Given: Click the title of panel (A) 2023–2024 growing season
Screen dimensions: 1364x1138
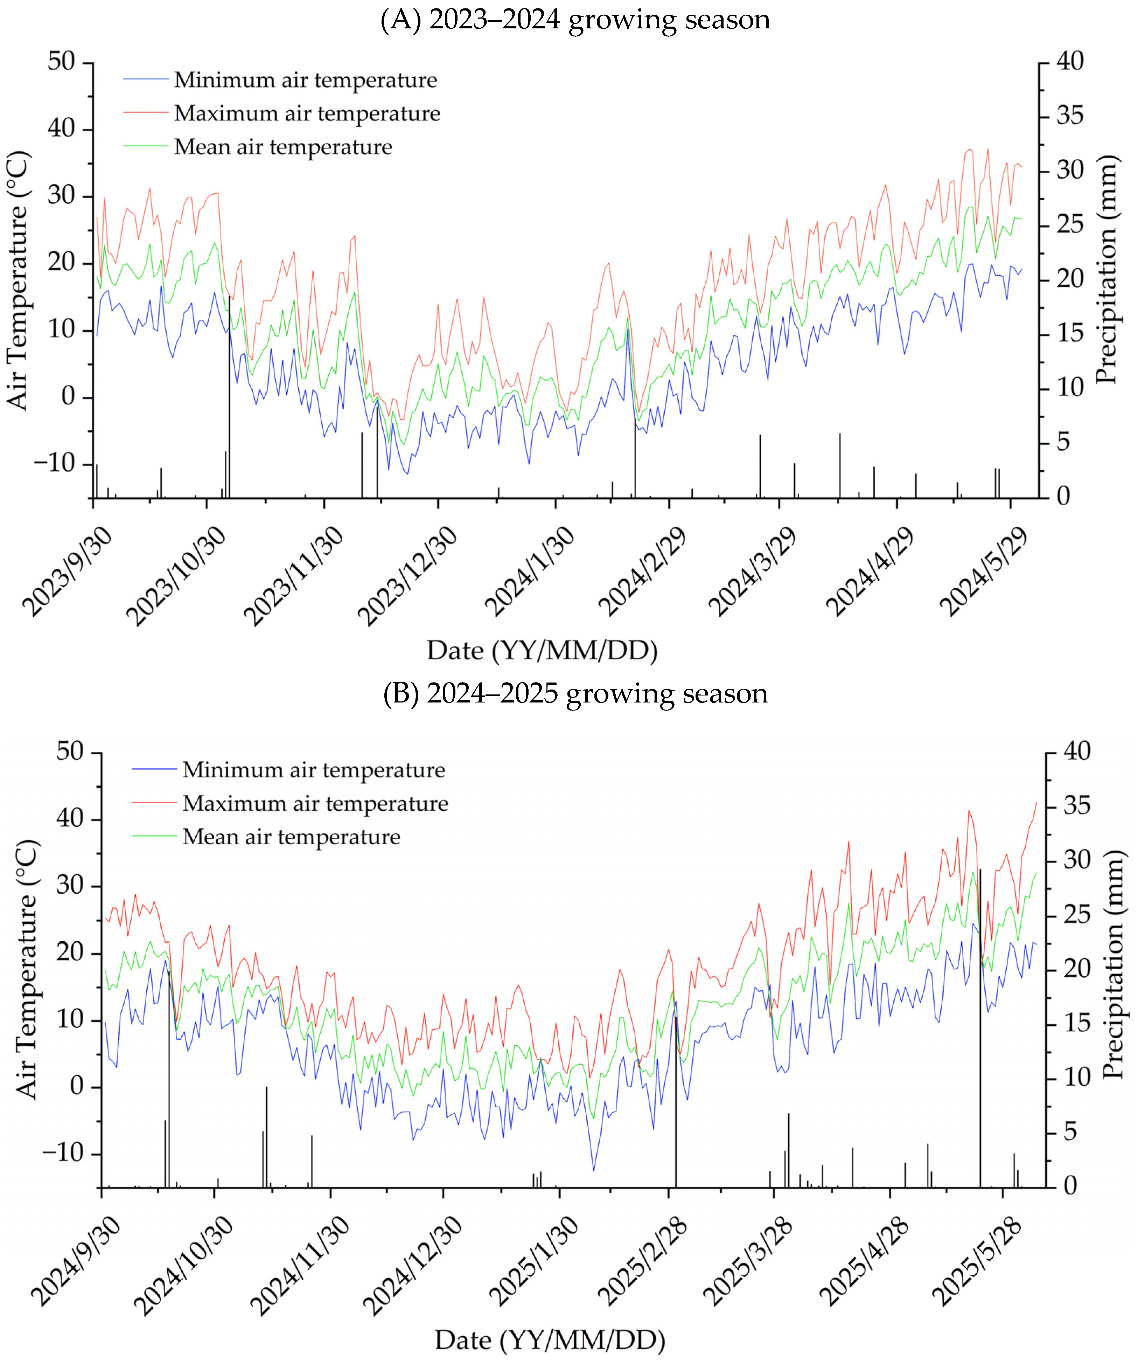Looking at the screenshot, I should [x=575, y=20].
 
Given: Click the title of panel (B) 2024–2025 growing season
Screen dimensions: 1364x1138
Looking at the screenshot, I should [x=575, y=694].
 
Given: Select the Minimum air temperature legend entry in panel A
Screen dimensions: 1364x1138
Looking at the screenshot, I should [x=305, y=80].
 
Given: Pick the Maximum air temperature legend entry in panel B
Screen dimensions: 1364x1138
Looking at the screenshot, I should [x=315, y=803].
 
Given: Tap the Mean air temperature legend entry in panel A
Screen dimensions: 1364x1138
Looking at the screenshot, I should [x=283, y=147].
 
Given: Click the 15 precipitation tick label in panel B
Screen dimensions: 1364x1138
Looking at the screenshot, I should [x=1078, y=1023].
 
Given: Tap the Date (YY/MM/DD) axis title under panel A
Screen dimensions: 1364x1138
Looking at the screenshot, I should [x=542, y=650].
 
